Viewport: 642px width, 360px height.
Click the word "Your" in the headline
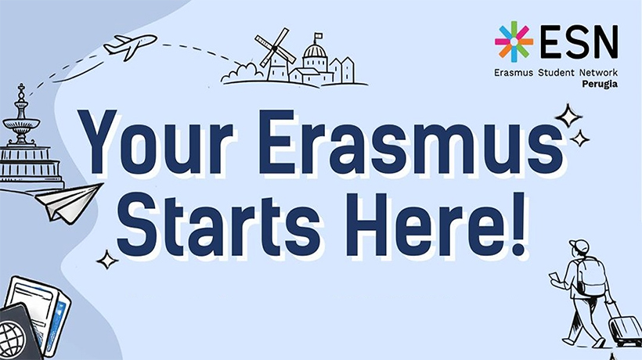point(157,142)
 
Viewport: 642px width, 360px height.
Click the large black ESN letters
point(579,41)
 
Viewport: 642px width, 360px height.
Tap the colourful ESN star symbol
point(514,41)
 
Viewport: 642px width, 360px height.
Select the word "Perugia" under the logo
point(600,85)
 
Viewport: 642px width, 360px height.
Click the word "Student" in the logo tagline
point(556,73)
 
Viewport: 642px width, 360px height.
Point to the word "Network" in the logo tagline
point(598,73)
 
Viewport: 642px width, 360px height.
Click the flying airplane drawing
point(130,46)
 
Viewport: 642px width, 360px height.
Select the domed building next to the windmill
point(315,61)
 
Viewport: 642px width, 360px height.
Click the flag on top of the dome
point(318,35)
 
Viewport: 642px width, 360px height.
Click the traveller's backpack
point(591,275)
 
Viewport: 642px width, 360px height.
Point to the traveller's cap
point(579,246)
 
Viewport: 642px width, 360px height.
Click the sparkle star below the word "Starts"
point(107,259)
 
